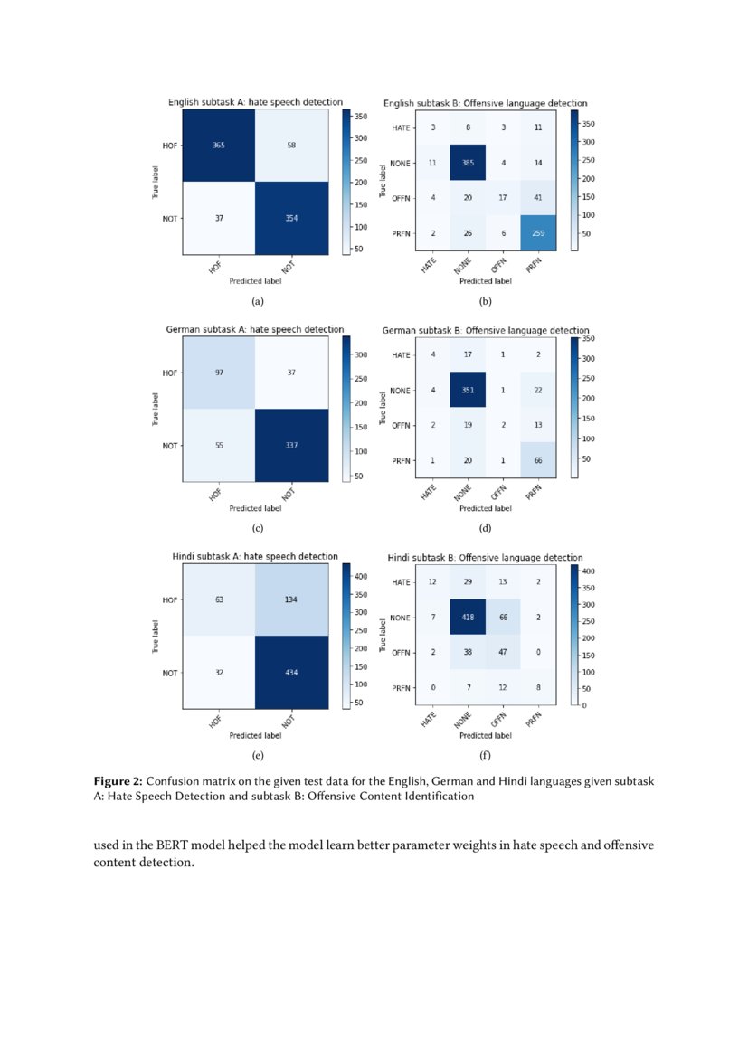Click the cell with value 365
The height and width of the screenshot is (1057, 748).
[219, 146]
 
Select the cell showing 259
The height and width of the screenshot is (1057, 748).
[539, 233]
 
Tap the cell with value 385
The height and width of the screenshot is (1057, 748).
[468, 163]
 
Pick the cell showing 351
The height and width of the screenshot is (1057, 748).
[468, 391]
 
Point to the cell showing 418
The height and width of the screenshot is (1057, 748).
[468, 618]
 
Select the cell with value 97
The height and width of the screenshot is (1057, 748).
[219, 373]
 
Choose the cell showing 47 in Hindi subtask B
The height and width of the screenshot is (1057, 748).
[503, 653]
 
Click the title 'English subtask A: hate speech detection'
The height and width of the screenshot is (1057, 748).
[256, 102]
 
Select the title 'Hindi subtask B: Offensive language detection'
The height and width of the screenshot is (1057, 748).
[485, 557]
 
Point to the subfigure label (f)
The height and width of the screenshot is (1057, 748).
[485, 755]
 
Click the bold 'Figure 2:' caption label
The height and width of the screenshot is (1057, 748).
[118, 780]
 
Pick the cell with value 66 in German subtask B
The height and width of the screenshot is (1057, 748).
[539, 461]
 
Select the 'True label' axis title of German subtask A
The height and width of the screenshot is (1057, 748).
[156, 408]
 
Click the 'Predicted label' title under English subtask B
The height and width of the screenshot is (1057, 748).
[485, 281]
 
